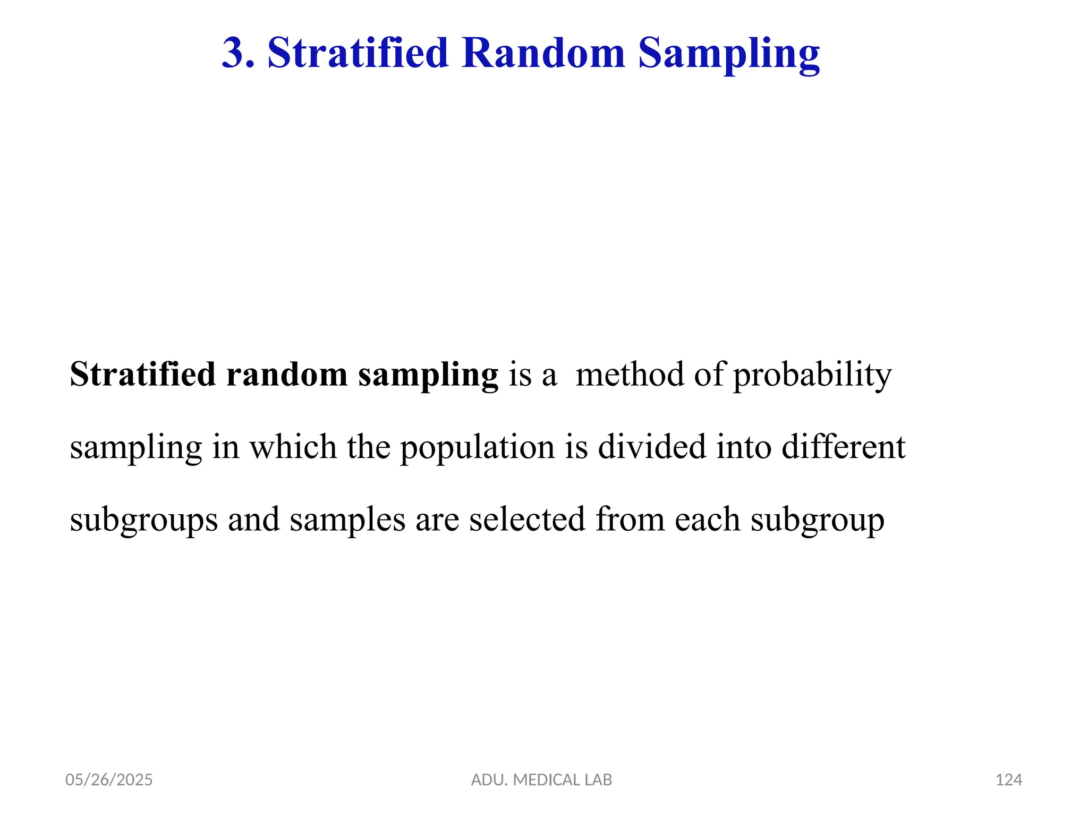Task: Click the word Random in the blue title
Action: pos(543,53)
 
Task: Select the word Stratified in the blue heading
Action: pos(358,53)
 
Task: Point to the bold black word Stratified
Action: pos(142,375)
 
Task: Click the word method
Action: pos(630,375)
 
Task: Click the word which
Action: pos(293,447)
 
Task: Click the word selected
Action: pos(527,519)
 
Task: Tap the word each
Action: pos(707,519)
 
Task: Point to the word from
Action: pos(630,519)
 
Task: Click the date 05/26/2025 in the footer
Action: pos(109,780)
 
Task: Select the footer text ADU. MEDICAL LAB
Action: pos(541,780)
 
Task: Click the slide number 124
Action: pos(1008,780)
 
